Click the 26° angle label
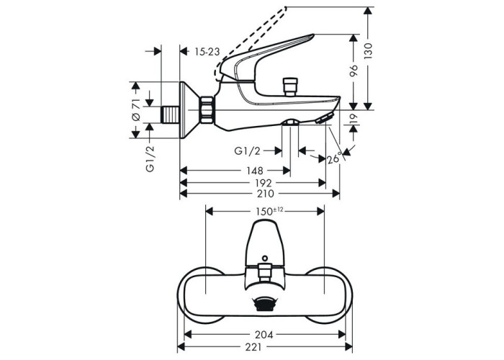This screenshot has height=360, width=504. tap(333, 158)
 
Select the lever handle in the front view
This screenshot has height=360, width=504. tap(264, 241)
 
